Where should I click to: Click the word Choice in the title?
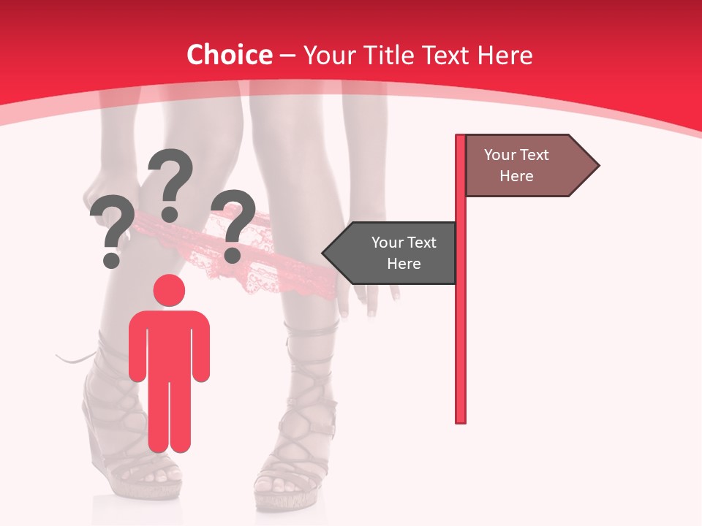(x=229, y=56)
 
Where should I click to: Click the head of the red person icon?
(x=169, y=290)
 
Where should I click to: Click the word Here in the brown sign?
(x=516, y=176)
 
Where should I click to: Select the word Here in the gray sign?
(x=404, y=264)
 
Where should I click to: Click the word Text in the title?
(x=445, y=56)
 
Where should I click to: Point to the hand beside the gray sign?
(x=373, y=296)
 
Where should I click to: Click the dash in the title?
(x=287, y=56)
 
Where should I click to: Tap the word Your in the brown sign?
(x=500, y=155)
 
